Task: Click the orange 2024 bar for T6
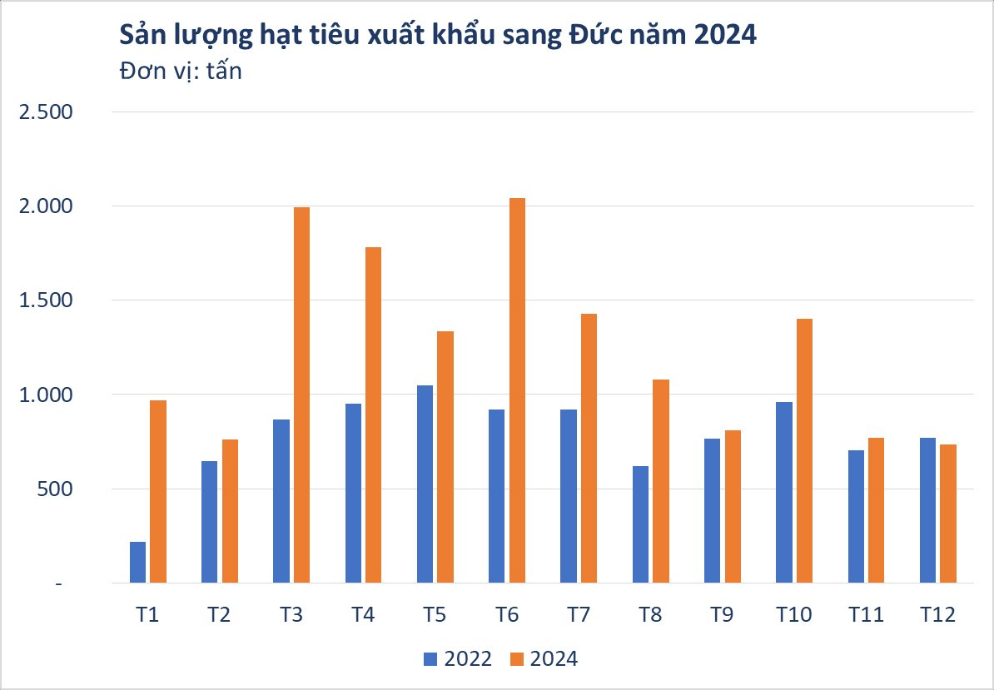tap(517, 390)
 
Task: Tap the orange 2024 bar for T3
tap(301, 395)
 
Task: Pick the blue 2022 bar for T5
tap(425, 484)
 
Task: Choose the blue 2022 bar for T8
tap(640, 524)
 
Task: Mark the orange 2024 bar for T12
tap(948, 514)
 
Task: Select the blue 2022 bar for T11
tap(856, 516)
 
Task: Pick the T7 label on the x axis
tap(578, 615)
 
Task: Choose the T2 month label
tap(219, 615)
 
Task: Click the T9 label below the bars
tap(722, 615)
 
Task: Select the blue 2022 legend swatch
tap(431, 659)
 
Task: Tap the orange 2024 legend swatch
tap(517, 659)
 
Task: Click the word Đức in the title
tap(574, 35)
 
